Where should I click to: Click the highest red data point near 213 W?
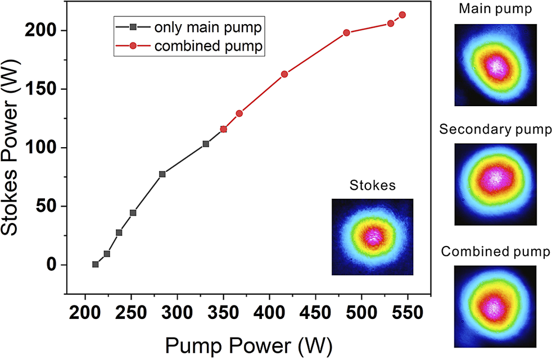402,15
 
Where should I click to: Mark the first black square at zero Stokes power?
96,264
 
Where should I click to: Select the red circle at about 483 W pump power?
346,33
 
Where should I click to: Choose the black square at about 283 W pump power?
162,174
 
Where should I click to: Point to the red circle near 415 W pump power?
284,74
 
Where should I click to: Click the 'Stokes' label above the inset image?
372,185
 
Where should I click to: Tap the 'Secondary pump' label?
495,130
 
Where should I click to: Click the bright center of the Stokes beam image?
372,237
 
